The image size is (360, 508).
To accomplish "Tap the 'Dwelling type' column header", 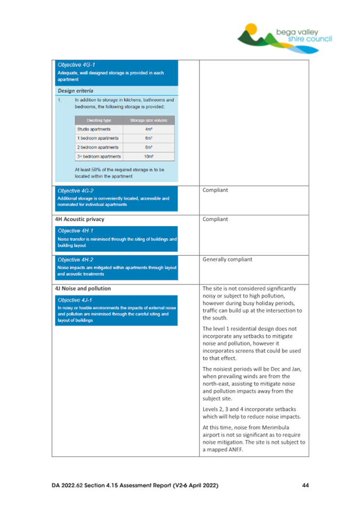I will point(98,120).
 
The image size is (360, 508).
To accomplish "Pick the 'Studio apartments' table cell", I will point(96,129).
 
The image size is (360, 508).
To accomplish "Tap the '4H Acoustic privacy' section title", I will point(79,219).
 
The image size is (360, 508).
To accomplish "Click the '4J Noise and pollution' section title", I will point(83,289).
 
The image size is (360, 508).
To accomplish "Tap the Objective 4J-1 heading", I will point(74,300).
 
